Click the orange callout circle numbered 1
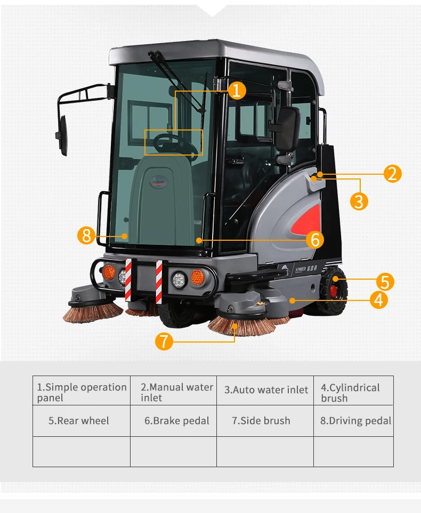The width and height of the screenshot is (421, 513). coord(237,91)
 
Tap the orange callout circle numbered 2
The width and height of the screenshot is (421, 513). coord(392,174)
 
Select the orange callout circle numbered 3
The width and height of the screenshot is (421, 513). coord(359,201)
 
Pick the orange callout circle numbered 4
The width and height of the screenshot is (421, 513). coord(379,300)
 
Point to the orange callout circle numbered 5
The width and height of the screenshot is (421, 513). coord(385,282)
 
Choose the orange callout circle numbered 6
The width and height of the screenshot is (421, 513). coord(315,240)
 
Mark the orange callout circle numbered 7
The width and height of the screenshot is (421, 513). coord(164,341)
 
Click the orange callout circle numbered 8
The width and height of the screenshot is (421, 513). coord(86,235)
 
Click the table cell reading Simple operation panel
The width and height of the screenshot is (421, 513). coord(82,390)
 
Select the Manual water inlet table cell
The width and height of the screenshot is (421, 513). coord(174,390)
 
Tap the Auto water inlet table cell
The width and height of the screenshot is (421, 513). coord(265,390)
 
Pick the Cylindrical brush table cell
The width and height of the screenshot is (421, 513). coord(353,390)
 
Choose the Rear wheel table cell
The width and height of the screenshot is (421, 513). coord(82,421)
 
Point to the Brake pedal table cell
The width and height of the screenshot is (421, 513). coord(174,421)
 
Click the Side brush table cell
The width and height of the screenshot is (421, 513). coord(265,421)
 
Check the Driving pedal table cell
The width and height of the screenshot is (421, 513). coord(353,421)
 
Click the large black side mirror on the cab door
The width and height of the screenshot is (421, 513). coord(287,129)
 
